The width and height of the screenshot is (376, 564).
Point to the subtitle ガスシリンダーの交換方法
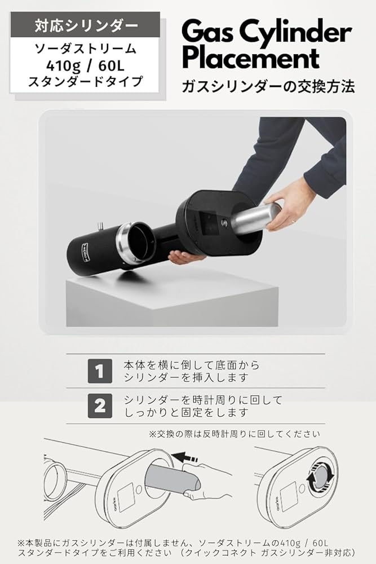point(268,86)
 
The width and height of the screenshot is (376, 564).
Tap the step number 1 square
point(99,371)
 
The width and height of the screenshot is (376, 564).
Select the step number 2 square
point(99,406)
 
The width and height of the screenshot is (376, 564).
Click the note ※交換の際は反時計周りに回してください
point(234,434)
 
